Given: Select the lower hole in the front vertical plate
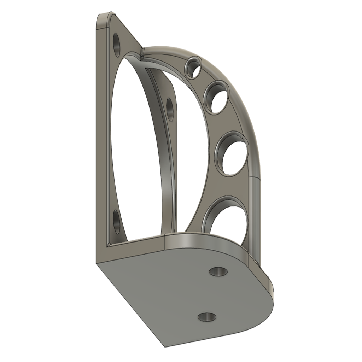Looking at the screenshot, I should coord(117,222).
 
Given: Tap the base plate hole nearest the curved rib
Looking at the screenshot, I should coord(218,271).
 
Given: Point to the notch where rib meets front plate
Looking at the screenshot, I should coord(142,51).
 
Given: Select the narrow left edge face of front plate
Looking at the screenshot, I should coord(100,141).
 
